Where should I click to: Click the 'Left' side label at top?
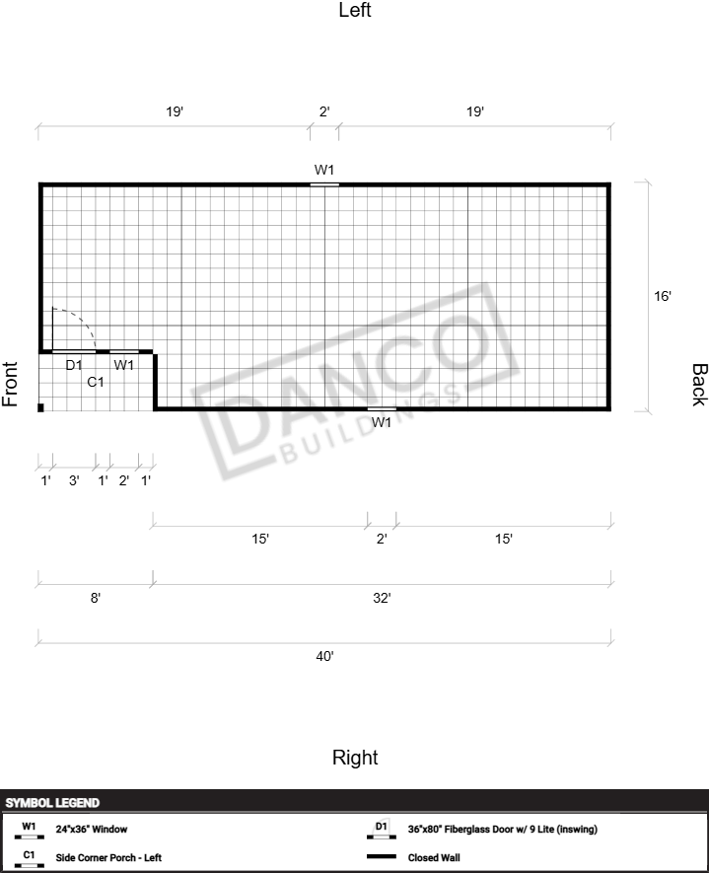355,10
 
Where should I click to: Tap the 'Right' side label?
355,758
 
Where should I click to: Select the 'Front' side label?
10,384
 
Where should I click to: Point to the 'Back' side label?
699,385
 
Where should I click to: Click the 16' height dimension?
663,296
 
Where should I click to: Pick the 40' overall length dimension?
325,656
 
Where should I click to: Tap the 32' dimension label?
382,598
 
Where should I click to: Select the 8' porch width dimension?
96,598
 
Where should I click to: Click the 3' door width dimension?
74,480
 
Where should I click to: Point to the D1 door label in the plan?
74,365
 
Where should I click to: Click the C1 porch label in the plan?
96,382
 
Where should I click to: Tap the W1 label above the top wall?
324,170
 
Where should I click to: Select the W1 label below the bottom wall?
382,422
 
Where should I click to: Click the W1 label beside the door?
123,365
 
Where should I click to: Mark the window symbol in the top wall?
324,183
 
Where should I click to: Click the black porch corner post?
40,407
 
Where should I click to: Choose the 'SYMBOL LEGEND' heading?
52,803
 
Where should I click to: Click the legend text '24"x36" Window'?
92,829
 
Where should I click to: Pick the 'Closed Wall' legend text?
434,857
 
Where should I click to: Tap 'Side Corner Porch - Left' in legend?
108,857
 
